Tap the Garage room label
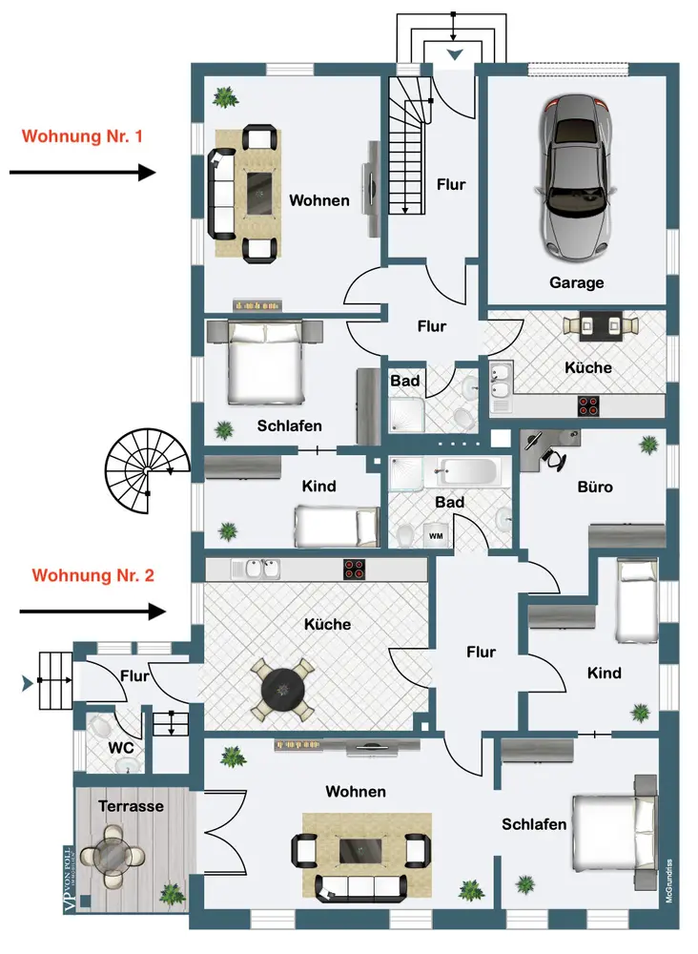pyautogui.click(x=576, y=282)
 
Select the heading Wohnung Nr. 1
pyautogui.click(x=82, y=136)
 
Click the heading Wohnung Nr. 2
pyautogui.click(x=93, y=575)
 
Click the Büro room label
pyautogui.click(x=595, y=487)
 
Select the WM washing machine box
pyautogui.click(x=436, y=535)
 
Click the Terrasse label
pyautogui.click(x=131, y=806)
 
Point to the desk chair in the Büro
pyautogui.click(x=552, y=457)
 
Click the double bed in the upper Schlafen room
pyautogui.click(x=267, y=363)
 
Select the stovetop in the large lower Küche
pyautogui.click(x=356, y=570)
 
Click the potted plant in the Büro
pyautogui.click(x=649, y=445)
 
